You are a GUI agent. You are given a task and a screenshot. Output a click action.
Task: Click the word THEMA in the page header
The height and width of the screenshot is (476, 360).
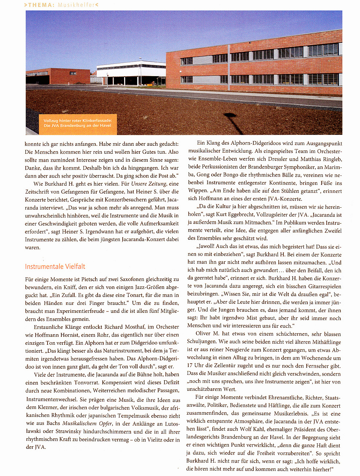pos(41,5)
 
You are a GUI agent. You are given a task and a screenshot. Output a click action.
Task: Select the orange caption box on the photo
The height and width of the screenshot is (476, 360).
pos(77,123)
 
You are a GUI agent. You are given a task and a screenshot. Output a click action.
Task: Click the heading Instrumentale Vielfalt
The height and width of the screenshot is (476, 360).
pos(55,266)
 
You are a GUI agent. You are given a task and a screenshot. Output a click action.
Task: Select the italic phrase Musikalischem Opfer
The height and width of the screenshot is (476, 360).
pos(87,423)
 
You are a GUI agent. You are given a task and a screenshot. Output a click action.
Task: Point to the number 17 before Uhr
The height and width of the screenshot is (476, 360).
pos(189,366)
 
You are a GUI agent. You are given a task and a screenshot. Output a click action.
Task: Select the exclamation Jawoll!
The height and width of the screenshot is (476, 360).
pos(206,247)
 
